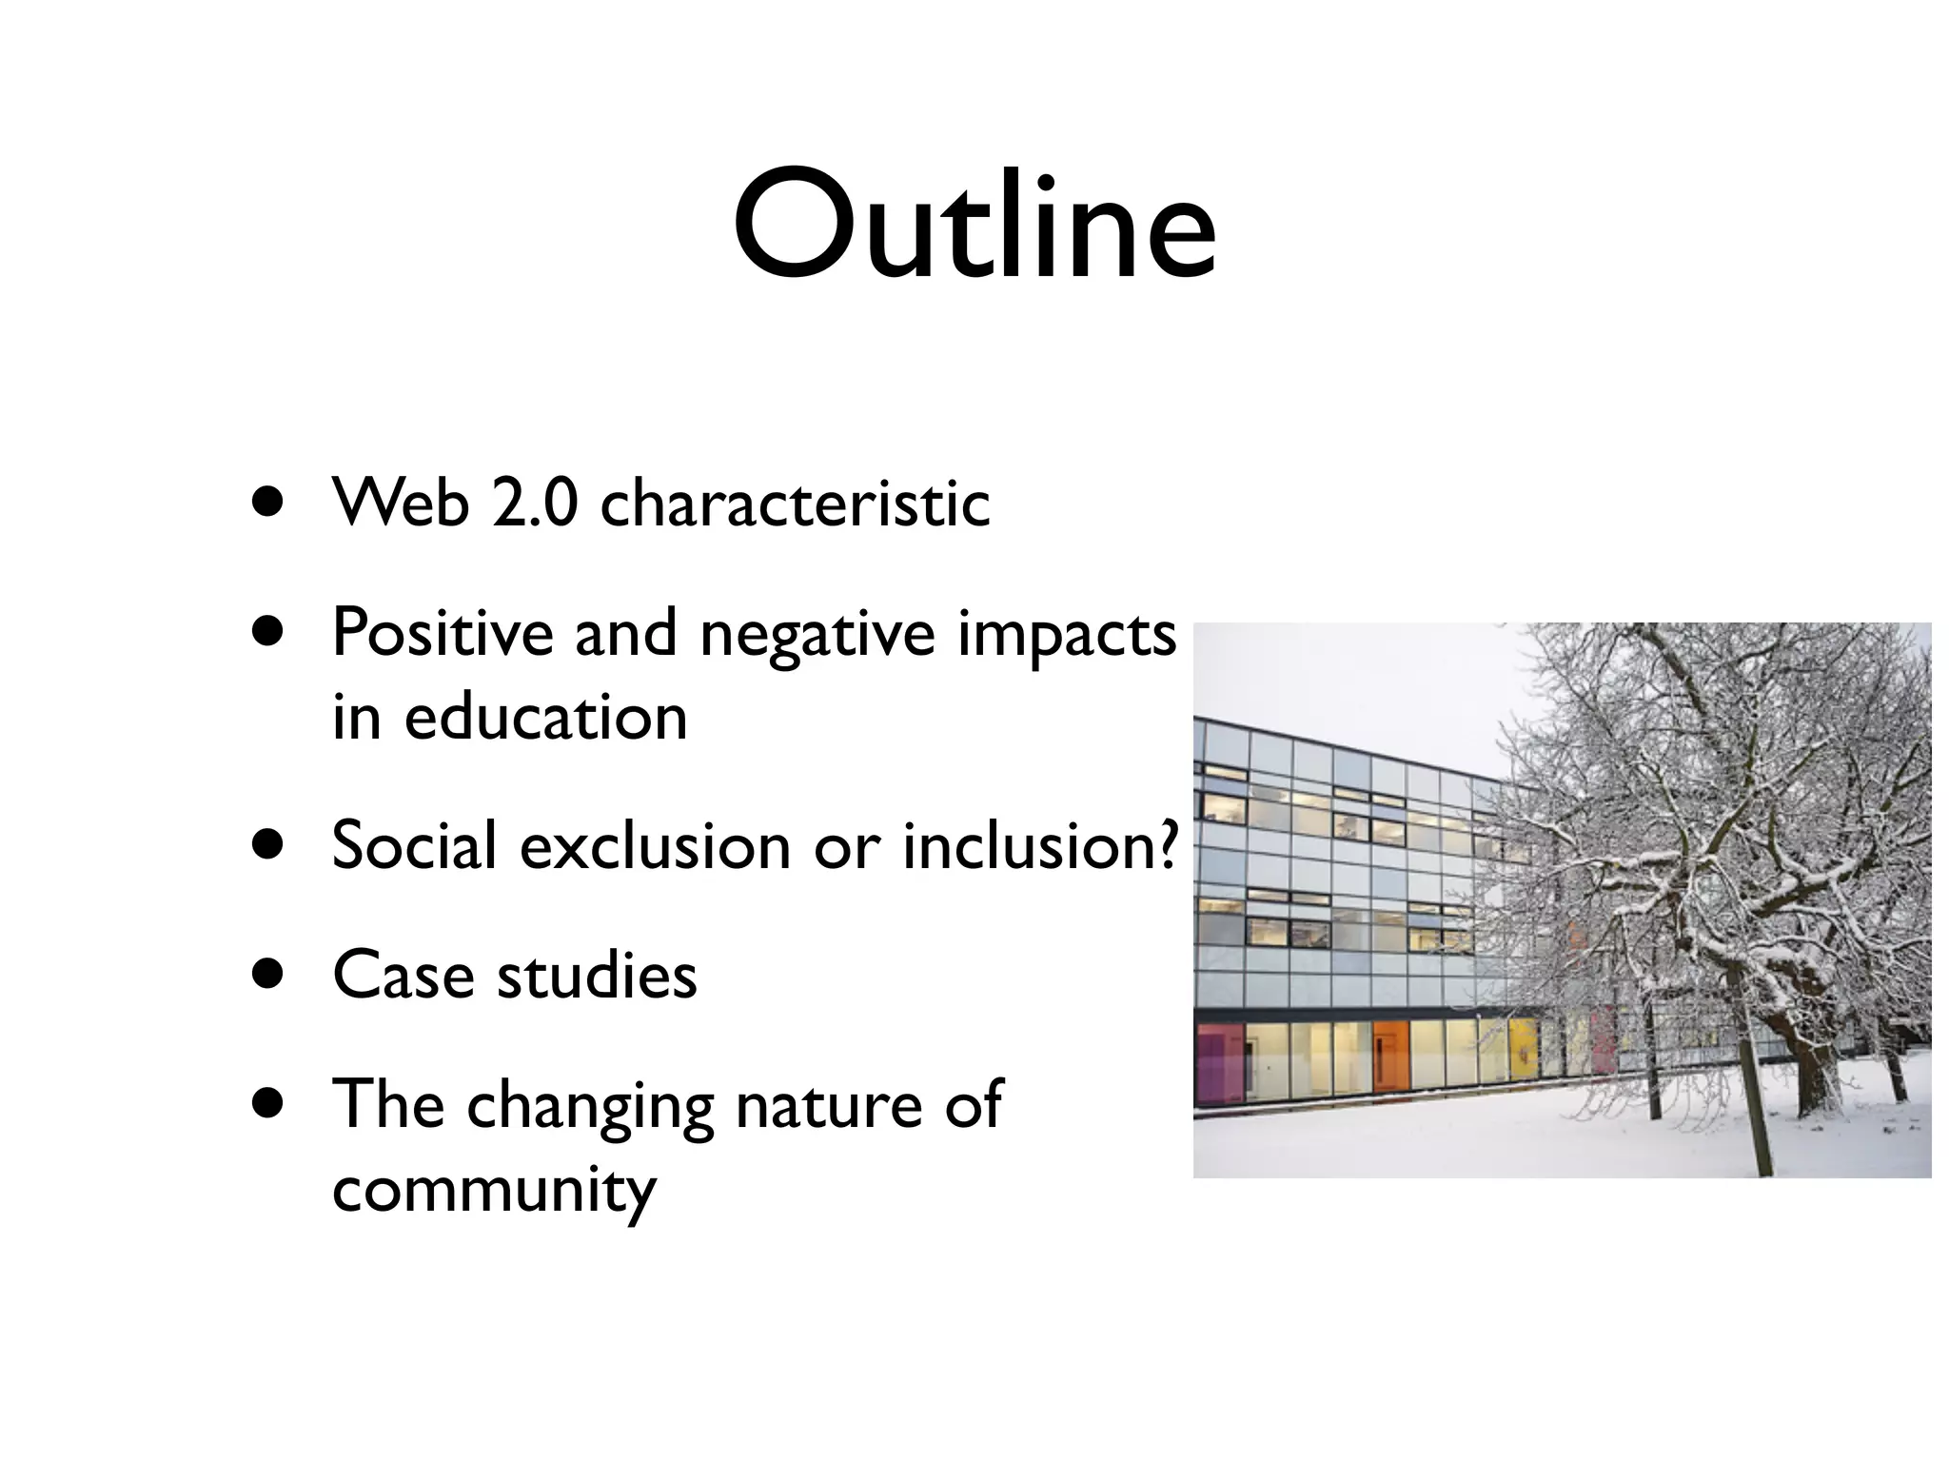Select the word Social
[414, 845]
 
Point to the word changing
[589, 1108]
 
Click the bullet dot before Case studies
[270, 975]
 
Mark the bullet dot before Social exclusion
[270, 845]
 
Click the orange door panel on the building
[1389, 1057]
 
